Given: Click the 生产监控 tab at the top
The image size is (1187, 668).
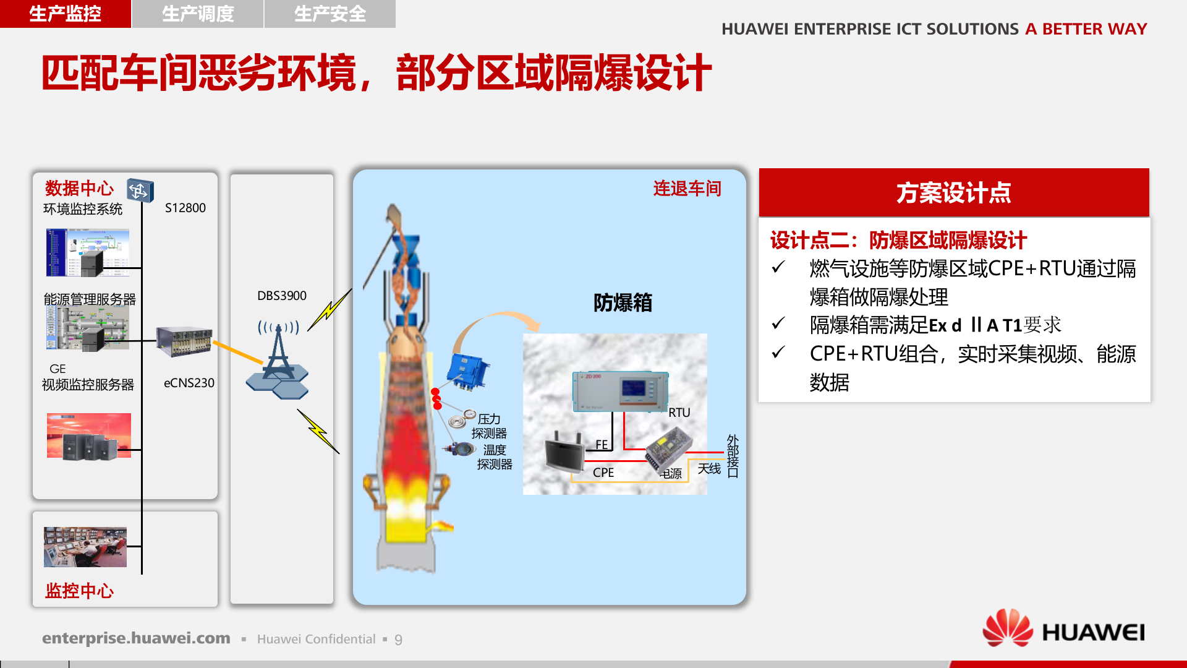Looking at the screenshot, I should (x=65, y=14).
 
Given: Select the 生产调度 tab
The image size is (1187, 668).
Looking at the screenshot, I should (x=198, y=14).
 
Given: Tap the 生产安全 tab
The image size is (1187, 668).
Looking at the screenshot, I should (x=330, y=14).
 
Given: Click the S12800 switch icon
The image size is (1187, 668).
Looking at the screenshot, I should (x=140, y=191).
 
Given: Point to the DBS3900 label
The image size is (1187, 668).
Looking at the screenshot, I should (x=281, y=296).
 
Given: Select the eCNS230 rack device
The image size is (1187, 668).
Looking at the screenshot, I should (x=184, y=341).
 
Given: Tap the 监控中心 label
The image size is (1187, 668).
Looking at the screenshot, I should (x=79, y=591).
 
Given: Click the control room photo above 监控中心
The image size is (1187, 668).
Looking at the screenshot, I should (x=85, y=547).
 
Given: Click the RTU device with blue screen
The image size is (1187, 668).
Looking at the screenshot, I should (x=620, y=391).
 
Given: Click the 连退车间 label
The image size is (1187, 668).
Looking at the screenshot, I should (x=687, y=189).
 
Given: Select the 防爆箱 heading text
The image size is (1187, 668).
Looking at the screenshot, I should (x=623, y=302).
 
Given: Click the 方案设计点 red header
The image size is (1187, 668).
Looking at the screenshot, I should (x=953, y=192).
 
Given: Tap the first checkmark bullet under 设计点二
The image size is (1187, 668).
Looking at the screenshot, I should (x=778, y=268).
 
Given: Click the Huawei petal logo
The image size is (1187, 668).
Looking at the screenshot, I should (x=1008, y=628).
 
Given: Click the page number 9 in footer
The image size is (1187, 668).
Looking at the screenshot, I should (x=398, y=640).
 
